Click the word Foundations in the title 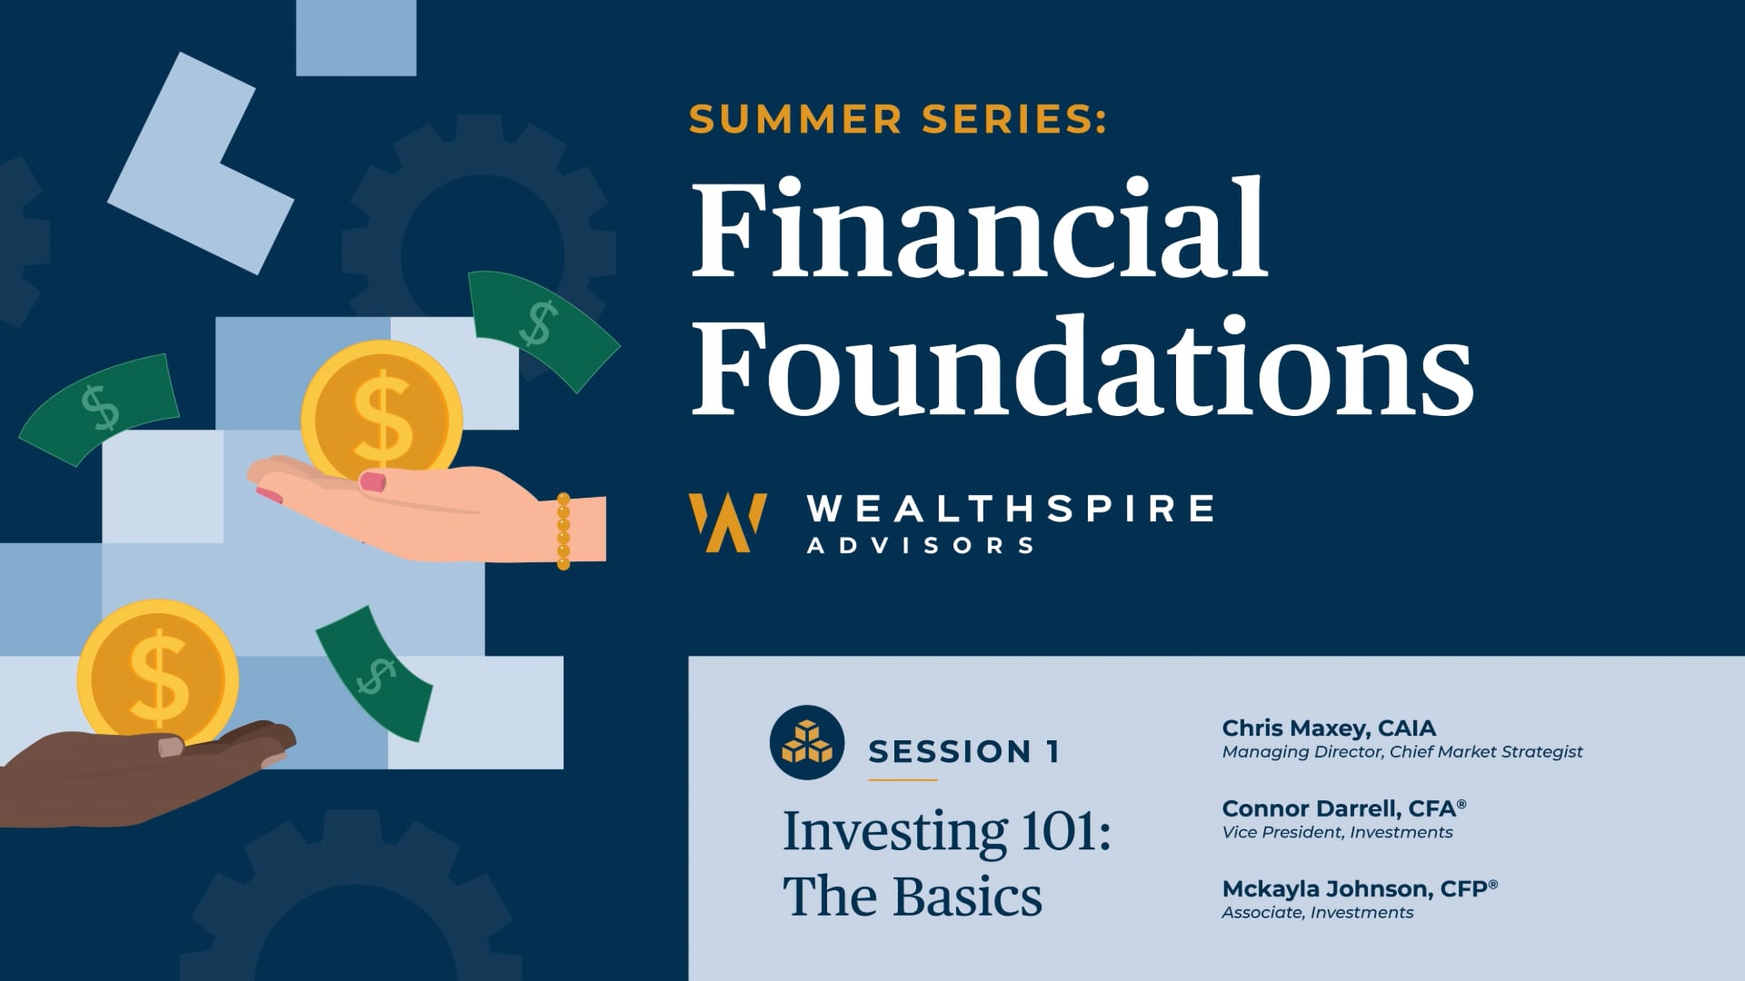coord(1082,365)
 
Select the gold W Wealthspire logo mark coord(727,522)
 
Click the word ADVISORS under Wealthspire coord(921,546)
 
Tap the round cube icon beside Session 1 coord(807,742)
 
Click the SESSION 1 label coord(963,752)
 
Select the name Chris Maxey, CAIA coord(1329,728)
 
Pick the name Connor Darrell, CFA coord(1344,808)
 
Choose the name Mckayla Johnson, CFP coord(1360,888)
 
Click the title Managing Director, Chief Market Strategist coord(1402,752)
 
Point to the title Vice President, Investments coord(1337,832)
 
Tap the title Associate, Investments coord(1317,912)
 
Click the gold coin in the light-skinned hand coord(382,413)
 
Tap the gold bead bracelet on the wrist coord(563,531)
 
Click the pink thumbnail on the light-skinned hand coord(373,481)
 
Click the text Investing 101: coord(947,831)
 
